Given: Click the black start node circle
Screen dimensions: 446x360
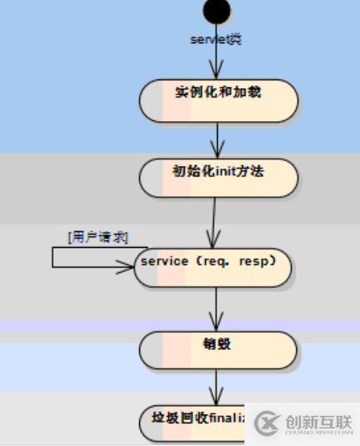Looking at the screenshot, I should [217, 11].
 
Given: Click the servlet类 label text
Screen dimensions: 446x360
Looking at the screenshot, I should [216, 39].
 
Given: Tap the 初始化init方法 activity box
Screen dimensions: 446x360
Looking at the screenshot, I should [218, 178].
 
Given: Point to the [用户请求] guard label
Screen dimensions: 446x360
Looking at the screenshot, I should [97, 237].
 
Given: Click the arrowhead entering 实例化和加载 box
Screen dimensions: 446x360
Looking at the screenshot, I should [218, 73].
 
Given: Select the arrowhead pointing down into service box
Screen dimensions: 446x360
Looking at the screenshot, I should [213, 241].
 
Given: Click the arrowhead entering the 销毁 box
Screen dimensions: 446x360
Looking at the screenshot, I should [216, 324].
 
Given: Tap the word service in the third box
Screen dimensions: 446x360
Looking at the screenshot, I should [164, 260].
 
